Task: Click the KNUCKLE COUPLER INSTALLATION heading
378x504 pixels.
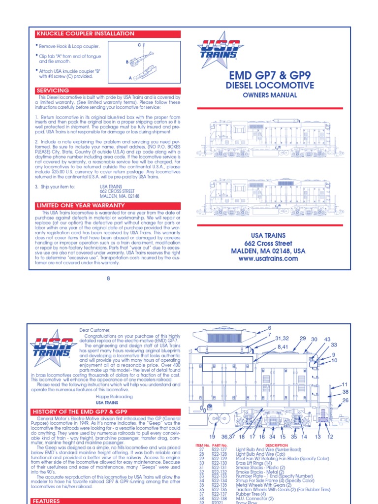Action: (x=85, y=33)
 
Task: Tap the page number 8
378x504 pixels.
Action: (x=108, y=279)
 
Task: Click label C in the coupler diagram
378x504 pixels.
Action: (x=139, y=45)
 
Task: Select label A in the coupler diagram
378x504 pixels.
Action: (x=130, y=78)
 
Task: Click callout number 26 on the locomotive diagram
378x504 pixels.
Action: (x=345, y=400)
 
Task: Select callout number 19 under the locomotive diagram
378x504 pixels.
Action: (x=212, y=437)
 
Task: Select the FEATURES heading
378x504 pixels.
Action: (x=47, y=501)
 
